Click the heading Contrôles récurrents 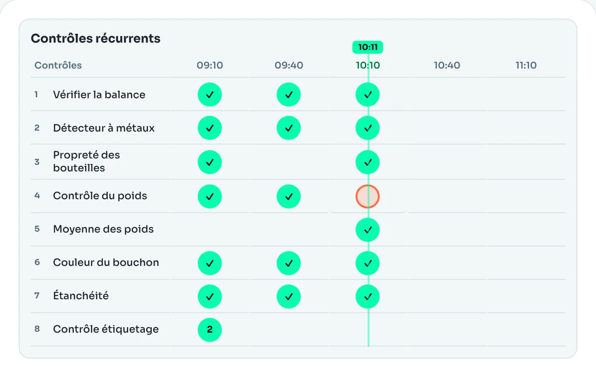pos(96,38)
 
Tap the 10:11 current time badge pos(368,47)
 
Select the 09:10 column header pos(210,65)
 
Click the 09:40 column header pos(289,65)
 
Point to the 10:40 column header pos(447,65)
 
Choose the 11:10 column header pos(526,65)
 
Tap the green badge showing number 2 pos(210,329)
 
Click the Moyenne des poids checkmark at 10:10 pos(368,230)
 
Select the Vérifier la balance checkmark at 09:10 pos(210,95)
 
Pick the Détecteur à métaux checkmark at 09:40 pos(289,128)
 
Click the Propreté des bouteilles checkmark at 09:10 pos(210,162)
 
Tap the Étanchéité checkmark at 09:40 pos(289,297)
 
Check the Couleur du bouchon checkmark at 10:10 pos(368,263)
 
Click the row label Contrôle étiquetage pos(106,329)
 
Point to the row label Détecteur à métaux pos(104,128)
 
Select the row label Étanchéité pos(81,296)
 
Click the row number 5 pos(37,229)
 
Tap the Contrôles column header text pos(58,65)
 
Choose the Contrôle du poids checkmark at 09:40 pos(289,196)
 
